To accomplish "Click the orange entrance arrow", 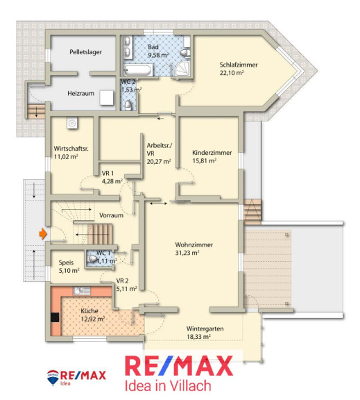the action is click(x=43, y=233).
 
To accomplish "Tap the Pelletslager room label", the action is click(x=85, y=52).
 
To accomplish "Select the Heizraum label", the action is click(x=80, y=93).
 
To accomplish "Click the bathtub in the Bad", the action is click(x=138, y=70).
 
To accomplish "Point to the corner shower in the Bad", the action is click(x=182, y=69).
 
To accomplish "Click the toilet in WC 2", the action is click(x=128, y=105).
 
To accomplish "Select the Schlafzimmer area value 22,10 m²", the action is click(x=232, y=73).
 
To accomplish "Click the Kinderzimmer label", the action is click(x=212, y=153).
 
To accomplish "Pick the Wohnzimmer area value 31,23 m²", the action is click(x=187, y=253).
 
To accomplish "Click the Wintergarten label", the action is click(x=205, y=329).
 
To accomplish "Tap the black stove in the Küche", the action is click(x=55, y=317).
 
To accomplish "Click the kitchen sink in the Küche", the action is click(x=82, y=291).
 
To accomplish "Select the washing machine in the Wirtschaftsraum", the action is click(x=72, y=123).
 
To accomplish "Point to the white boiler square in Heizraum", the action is click(x=107, y=98).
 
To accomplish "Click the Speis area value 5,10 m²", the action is click(x=69, y=271).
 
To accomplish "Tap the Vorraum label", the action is click(x=112, y=215).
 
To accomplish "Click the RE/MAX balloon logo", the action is click(x=53, y=378).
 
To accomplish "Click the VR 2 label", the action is click(x=122, y=281).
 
